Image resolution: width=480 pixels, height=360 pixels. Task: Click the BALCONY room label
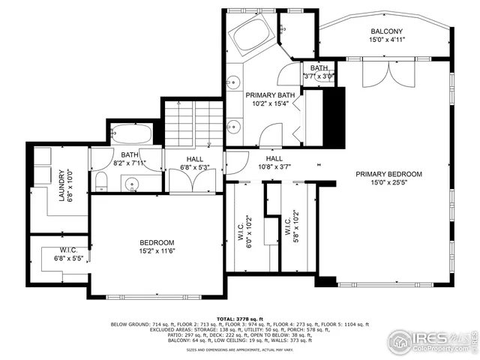click(x=387, y=31)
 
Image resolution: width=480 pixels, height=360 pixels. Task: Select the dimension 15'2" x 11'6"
click(x=157, y=252)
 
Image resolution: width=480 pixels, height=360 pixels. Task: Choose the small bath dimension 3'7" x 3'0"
click(x=319, y=76)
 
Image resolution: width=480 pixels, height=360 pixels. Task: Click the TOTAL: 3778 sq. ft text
click(x=239, y=318)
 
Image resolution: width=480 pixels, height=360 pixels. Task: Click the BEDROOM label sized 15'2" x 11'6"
click(x=157, y=242)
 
